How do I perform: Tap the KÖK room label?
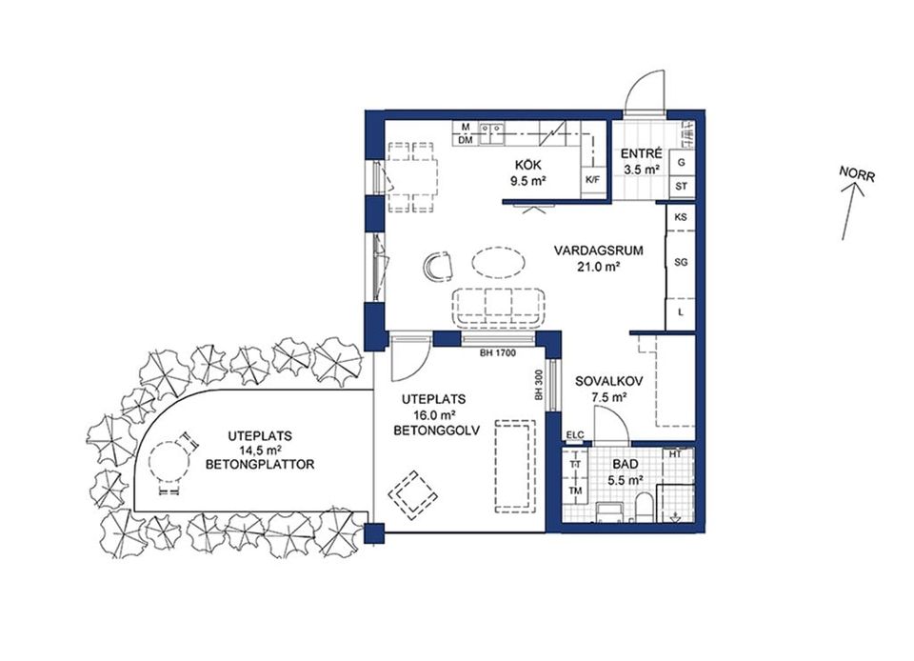pos(528,166)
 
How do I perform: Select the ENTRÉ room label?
pos(641,154)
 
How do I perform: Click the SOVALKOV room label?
pos(608,382)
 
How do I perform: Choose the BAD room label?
pos(625,465)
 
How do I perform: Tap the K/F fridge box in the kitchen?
pos(593,179)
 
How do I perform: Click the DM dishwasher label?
pos(466,140)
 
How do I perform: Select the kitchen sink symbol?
pos(491,133)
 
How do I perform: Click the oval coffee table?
pos(498,262)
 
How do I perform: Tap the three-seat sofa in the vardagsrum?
pos(498,308)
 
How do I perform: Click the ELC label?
pos(575,435)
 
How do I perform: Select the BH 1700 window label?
pos(497,352)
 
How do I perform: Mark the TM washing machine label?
pos(575,491)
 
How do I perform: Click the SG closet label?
pos(681,262)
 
